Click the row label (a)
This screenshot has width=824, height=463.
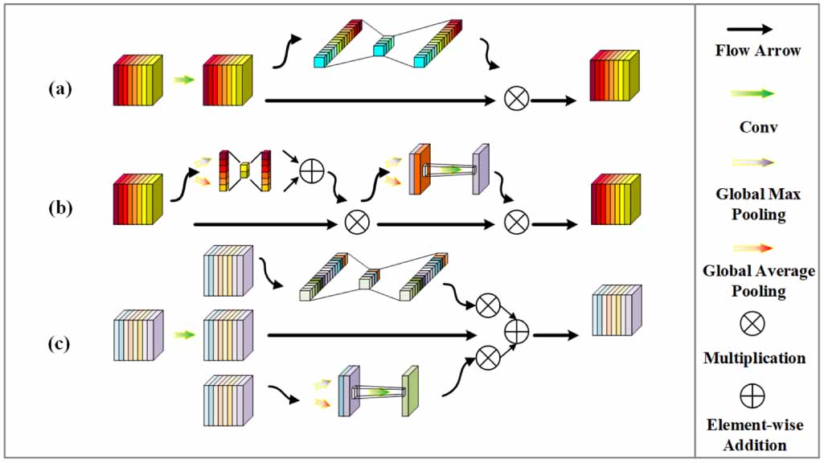[60, 88]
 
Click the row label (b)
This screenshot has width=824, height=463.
[60, 208]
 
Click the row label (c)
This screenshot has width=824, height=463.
[59, 344]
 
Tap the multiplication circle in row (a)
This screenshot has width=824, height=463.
[517, 99]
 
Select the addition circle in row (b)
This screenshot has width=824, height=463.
[312, 171]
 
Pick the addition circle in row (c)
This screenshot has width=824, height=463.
[517, 332]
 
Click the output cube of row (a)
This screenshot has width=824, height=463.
[615, 75]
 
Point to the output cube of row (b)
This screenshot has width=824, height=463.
[616, 199]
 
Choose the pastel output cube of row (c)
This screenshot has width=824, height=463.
[617, 310]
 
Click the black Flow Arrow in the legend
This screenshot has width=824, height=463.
[750, 30]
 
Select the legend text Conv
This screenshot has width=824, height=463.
[758, 127]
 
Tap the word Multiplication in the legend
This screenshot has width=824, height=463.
[755, 358]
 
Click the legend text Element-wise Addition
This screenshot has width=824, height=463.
[755, 435]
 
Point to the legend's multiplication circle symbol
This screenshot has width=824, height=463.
[752, 323]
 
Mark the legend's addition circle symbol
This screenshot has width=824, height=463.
[752, 395]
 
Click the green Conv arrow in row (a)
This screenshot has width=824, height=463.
[184, 80]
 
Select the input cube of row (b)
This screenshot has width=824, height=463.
[137, 199]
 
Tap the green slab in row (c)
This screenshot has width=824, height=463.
[410, 391]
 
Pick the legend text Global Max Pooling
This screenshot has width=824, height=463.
[758, 204]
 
